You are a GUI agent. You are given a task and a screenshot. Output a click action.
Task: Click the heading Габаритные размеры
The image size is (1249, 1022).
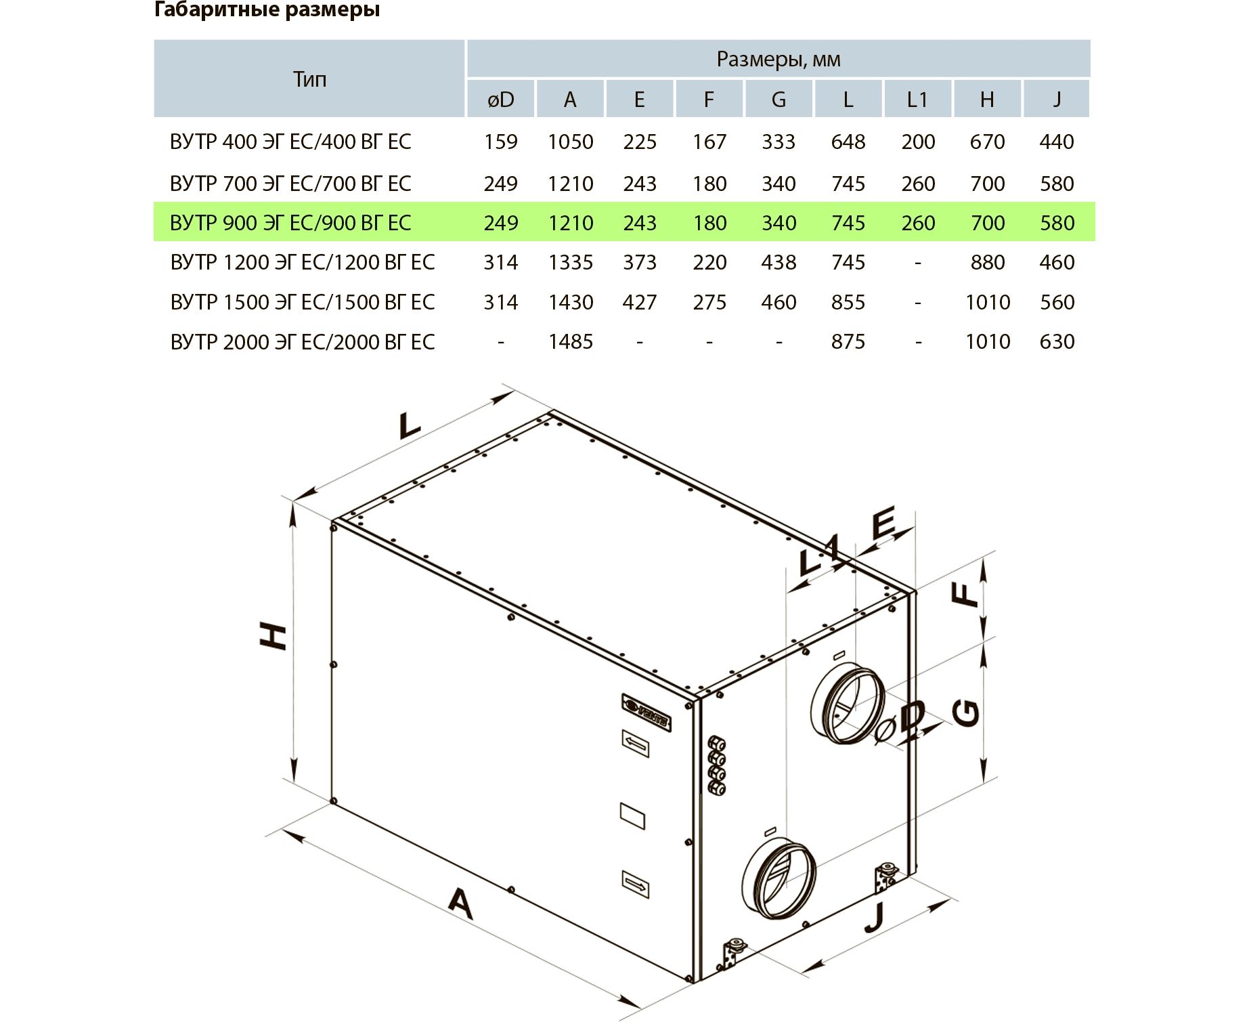[x=267, y=10]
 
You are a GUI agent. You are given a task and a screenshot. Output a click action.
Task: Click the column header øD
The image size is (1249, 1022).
[x=501, y=100]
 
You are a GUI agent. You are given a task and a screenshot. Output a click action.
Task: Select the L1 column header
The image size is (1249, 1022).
[x=917, y=100]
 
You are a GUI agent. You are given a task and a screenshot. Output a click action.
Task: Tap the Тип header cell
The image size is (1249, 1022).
[x=310, y=79]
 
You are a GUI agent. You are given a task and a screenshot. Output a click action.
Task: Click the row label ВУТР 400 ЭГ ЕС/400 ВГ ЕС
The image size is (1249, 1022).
[x=290, y=142]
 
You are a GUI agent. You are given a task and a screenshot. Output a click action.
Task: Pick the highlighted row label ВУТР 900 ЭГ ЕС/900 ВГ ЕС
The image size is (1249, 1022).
[x=290, y=223]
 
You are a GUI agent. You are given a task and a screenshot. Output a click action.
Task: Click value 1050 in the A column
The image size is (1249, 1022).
[x=571, y=142]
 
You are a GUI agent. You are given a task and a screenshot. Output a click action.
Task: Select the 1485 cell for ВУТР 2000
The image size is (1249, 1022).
[x=571, y=341]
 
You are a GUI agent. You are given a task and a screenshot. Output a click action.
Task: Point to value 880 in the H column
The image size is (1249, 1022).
[x=987, y=262]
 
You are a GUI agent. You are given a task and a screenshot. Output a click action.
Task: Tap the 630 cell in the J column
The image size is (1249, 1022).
[x=1057, y=341]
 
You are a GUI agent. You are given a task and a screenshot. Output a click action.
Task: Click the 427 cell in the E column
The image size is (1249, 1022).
[x=640, y=302]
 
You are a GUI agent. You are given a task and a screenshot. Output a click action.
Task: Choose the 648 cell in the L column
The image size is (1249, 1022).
[x=848, y=142]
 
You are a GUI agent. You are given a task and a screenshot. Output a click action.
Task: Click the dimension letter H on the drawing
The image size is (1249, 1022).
[x=274, y=637]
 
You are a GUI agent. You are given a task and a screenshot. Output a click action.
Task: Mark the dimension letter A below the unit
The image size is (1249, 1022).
[x=460, y=903]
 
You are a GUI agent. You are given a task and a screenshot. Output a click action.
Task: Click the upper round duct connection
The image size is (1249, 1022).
[x=848, y=704]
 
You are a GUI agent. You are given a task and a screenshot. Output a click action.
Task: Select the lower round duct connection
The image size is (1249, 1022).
[x=779, y=878]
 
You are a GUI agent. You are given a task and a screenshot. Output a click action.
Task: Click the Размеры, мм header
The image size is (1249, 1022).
[x=779, y=60]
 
